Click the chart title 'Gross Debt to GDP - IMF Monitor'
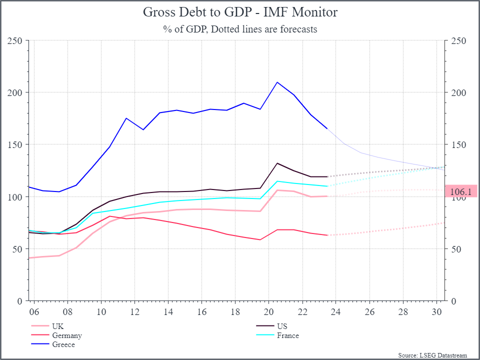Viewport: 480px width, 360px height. click(x=240, y=12)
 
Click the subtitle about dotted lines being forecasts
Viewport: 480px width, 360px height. click(x=240, y=29)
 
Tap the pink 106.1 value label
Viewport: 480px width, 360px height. click(x=460, y=191)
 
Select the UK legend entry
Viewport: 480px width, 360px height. click(x=57, y=326)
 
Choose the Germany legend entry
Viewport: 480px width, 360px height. click(x=66, y=335)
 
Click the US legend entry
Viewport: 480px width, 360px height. click(x=282, y=326)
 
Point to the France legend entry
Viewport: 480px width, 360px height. click(x=287, y=335)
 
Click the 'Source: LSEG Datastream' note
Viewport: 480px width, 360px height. click(x=432, y=355)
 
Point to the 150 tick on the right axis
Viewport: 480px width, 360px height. click(x=458, y=145)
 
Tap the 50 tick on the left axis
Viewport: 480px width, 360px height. click(x=17, y=249)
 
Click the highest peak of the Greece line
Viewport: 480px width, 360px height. click(x=277, y=82)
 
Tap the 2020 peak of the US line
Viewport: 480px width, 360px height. click(x=277, y=163)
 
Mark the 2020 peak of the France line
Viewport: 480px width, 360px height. click(x=277, y=181)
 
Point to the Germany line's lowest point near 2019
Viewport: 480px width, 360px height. click(x=260, y=239)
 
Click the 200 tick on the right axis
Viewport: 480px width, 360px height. click(x=458, y=93)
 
